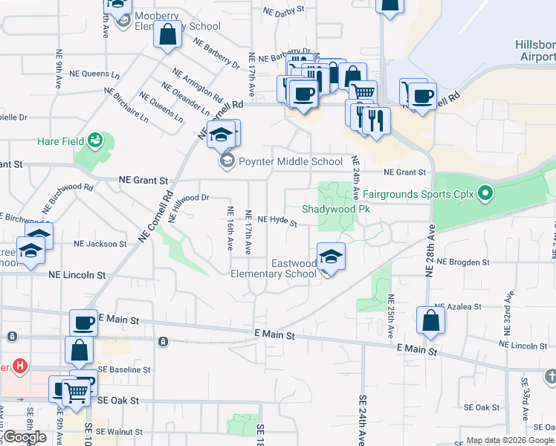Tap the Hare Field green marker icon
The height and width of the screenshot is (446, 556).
pos(94,140)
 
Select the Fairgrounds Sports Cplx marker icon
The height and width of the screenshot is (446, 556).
pos(485,195)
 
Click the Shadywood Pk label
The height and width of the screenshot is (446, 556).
pos(335,210)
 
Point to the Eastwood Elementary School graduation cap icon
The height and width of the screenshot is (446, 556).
pos(331,257)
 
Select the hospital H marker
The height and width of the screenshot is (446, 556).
pos(21,366)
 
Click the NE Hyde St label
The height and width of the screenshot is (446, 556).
pos(277,221)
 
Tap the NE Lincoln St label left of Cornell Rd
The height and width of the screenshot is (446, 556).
pos(77,274)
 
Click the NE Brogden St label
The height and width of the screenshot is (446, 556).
pos(465,262)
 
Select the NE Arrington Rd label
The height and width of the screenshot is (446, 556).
pos(198,85)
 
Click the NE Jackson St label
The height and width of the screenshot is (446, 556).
pos(100,244)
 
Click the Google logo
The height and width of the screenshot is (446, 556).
pos(24,437)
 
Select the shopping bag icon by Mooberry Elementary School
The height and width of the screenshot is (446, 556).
pos(167,34)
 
